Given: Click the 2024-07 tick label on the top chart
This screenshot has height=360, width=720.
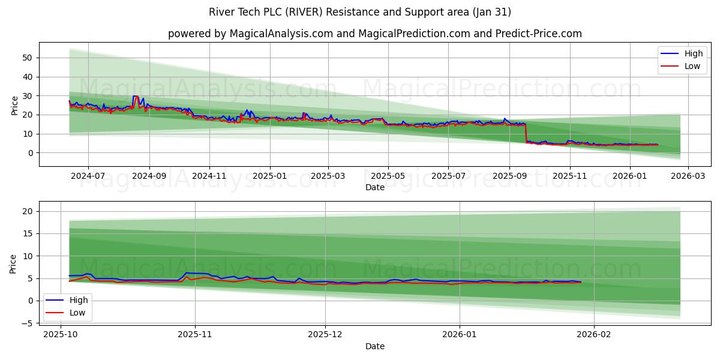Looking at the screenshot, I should coord(88,176).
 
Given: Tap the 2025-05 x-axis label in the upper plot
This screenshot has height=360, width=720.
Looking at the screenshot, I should coord(388,176).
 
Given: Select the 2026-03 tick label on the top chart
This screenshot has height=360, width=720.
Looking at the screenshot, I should coord(688,176).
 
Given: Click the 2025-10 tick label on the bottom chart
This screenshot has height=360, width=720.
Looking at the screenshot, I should coord(61,335).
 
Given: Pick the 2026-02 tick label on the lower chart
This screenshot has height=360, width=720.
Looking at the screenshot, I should coord(593,335).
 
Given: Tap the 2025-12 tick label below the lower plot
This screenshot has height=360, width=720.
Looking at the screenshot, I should coord(325,335).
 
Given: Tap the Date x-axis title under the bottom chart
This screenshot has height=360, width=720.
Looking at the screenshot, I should coord(375,346).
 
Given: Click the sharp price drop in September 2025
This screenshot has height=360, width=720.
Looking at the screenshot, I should coord(526,133).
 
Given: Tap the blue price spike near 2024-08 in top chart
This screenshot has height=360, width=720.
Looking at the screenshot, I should coord(135,97).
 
